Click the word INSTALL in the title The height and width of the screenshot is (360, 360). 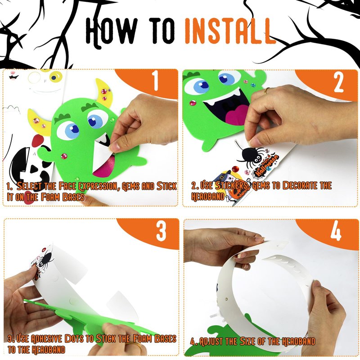point(230,31)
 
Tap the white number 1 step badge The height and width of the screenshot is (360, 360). point(156,81)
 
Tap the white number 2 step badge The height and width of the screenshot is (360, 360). point(338,83)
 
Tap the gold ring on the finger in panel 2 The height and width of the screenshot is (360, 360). point(265,91)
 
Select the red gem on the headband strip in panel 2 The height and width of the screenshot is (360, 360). point(235,169)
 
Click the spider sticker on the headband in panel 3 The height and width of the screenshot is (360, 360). point(44,260)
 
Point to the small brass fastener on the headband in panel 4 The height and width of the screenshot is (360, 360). point(226,299)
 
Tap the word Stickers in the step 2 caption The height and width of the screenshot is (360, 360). point(232,185)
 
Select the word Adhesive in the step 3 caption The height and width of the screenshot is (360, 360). point(46,339)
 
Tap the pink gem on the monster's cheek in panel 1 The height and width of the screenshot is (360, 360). point(64,156)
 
